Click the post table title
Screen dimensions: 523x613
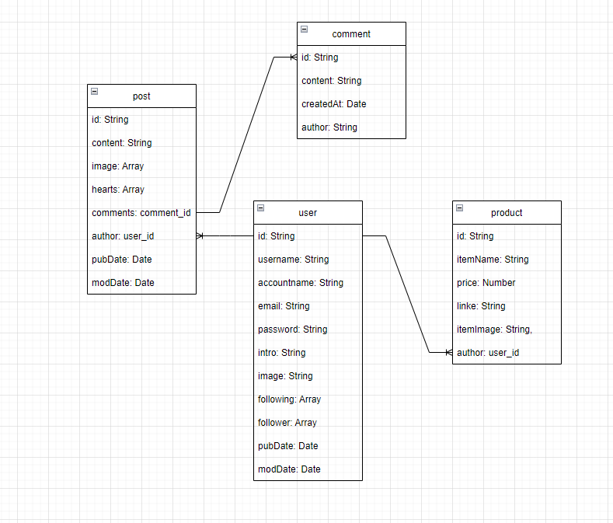pyautogui.click(x=141, y=96)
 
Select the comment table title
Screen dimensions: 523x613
pyautogui.click(x=351, y=34)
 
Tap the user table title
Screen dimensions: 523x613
pyautogui.click(x=308, y=213)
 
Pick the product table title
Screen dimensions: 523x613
pyautogui.click(x=507, y=213)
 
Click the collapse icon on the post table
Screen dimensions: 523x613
pyautogui.click(x=94, y=91)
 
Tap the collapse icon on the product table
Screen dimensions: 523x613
pyautogui.click(x=459, y=207)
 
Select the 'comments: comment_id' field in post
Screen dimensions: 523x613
pyautogui.click(x=141, y=213)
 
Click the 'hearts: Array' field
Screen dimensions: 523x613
pyautogui.click(x=118, y=190)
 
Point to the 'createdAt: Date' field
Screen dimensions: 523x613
pyautogui.click(x=333, y=104)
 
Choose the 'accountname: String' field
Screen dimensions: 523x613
pyautogui.click(x=300, y=283)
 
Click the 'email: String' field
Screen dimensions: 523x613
pyautogui.click(x=284, y=306)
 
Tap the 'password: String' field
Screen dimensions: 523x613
pyautogui.click(x=292, y=329)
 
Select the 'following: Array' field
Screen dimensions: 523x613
pyautogui.click(x=289, y=399)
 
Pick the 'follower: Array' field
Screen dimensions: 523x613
pyautogui.click(x=287, y=423)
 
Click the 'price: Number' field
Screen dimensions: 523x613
pyautogui.click(x=486, y=283)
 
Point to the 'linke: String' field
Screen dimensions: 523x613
pyautogui.click(x=481, y=306)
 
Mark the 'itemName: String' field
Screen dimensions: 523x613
pyautogui.click(x=493, y=260)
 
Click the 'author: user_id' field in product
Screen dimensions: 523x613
pyautogui.click(x=488, y=353)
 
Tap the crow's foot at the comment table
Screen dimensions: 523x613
pyautogui.click(x=293, y=58)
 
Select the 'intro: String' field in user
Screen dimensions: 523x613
pyautogui.click(x=281, y=353)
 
